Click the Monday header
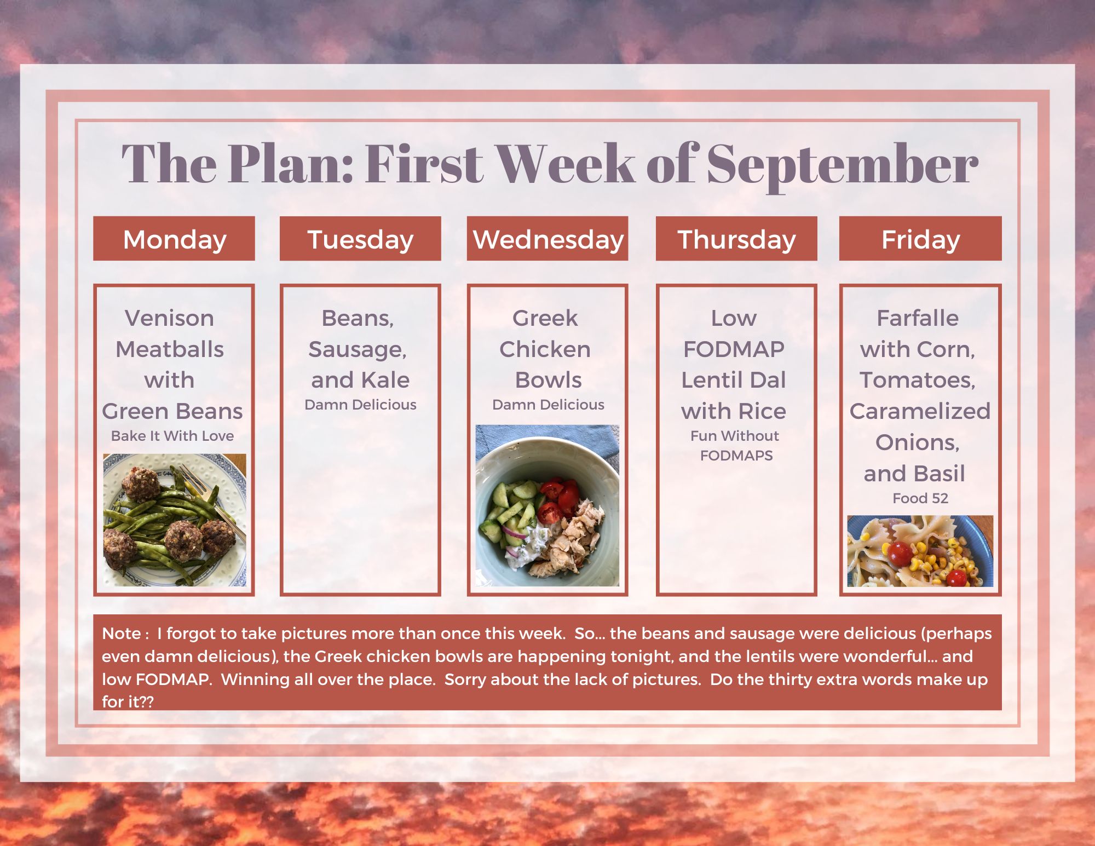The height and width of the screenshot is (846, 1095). coord(174,239)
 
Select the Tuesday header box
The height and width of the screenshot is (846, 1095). coord(360,239)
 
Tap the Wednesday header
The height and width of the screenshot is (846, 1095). coord(547,239)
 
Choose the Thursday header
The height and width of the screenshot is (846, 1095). coord(736,239)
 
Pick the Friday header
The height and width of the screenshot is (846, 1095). coord(920,239)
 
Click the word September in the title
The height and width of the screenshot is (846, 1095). coord(843,164)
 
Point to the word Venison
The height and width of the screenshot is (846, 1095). coord(169,318)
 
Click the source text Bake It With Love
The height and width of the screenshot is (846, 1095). coord(172,436)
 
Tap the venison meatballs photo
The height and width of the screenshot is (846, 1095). coord(175,520)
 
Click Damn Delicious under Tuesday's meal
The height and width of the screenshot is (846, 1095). coord(360,405)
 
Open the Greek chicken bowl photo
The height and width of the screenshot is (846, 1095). coord(547,505)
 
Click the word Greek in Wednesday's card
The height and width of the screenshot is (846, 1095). coord(545,318)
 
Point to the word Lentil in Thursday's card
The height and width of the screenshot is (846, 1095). coord(707,380)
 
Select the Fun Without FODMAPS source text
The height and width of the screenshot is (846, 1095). coord(735,446)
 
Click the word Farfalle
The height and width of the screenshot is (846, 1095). coord(918,318)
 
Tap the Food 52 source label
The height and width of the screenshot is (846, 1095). coord(920,498)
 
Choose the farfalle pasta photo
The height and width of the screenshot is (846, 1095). coord(920,551)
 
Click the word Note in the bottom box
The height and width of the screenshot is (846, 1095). coord(122,634)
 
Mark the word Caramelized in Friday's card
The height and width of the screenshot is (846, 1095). coord(920,411)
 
